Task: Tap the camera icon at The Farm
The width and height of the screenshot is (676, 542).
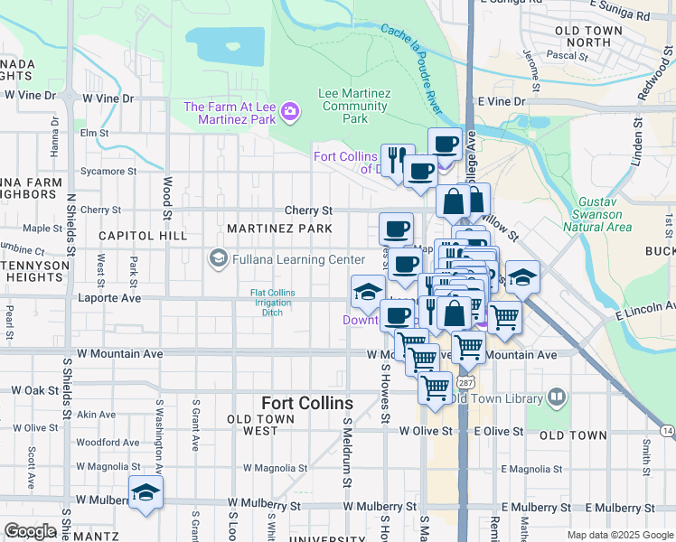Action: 290,111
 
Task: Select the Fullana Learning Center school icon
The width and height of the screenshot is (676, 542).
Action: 218,259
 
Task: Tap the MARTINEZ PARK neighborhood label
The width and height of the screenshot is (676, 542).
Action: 279,229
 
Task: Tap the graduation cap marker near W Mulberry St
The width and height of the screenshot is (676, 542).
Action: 145,492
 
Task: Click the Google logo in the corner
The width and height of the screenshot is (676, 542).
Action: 30,530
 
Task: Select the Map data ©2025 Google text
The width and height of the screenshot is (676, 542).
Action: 621,535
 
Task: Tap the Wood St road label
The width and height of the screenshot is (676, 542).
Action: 167,198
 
